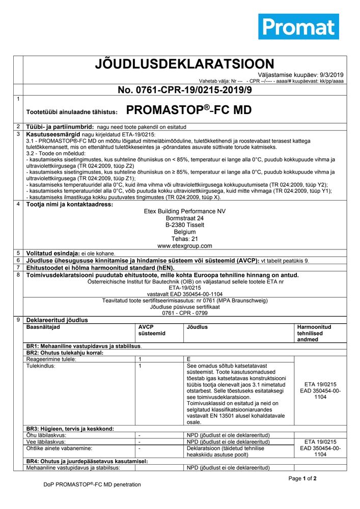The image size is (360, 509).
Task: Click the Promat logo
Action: (x=298, y=26)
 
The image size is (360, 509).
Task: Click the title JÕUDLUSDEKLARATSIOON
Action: (x=185, y=64)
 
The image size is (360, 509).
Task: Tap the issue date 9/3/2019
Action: (x=332, y=74)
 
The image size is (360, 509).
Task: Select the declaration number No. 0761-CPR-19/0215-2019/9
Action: (x=185, y=90)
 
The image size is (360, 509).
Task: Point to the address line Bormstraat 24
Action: (x=185, y=218)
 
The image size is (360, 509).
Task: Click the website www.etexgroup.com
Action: (x=185, y=246)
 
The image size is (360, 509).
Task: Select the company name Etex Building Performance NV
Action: (x=185, y=211)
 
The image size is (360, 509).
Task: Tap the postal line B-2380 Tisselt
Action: (x=185, y=225)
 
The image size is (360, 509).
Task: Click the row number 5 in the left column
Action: (x=18, y=253)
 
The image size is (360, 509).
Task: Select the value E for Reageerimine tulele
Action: (x=189, y=359)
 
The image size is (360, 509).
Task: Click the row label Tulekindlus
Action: (x=40, y=365)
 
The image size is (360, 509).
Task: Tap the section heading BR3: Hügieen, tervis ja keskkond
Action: (x=70, y=429)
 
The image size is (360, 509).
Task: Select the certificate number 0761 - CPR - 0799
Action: (x=185, y=314)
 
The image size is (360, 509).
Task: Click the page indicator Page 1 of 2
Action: (x=302, y=478)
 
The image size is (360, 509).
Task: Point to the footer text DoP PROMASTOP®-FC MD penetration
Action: (x=92, y=485)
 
